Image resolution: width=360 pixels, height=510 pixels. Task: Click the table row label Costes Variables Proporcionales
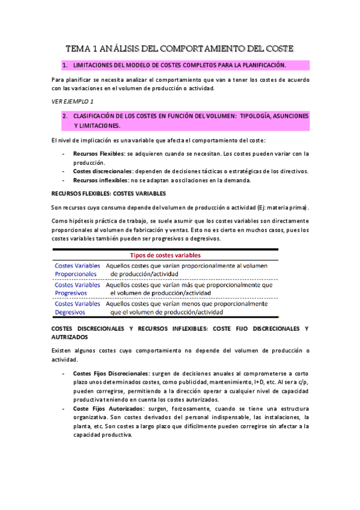(77, 269)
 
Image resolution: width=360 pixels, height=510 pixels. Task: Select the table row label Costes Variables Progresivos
(77, 289)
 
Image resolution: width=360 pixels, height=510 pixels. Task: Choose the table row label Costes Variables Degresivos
(77, 308)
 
